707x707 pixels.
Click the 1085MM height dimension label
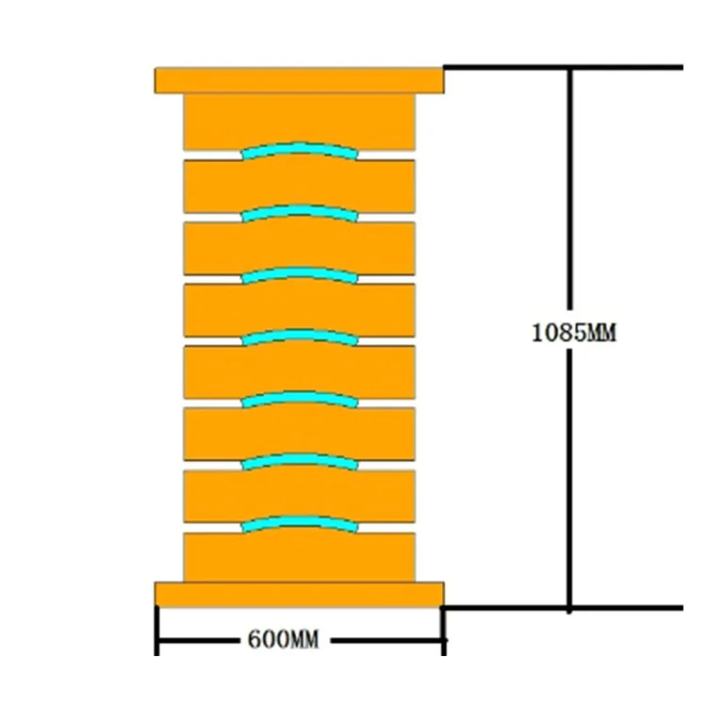573,333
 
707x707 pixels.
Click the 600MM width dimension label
283,641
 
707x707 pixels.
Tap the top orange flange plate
299,80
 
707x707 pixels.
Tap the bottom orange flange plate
299,594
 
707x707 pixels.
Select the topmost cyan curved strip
299,148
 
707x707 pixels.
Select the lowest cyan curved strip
299,521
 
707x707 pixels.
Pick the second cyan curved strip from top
299,211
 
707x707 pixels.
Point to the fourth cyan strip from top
299,336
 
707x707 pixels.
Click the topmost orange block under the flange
299,120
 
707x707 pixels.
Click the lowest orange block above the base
299,558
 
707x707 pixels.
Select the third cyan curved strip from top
299,273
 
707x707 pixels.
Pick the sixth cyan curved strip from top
299,460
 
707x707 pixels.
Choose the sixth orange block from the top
299,434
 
